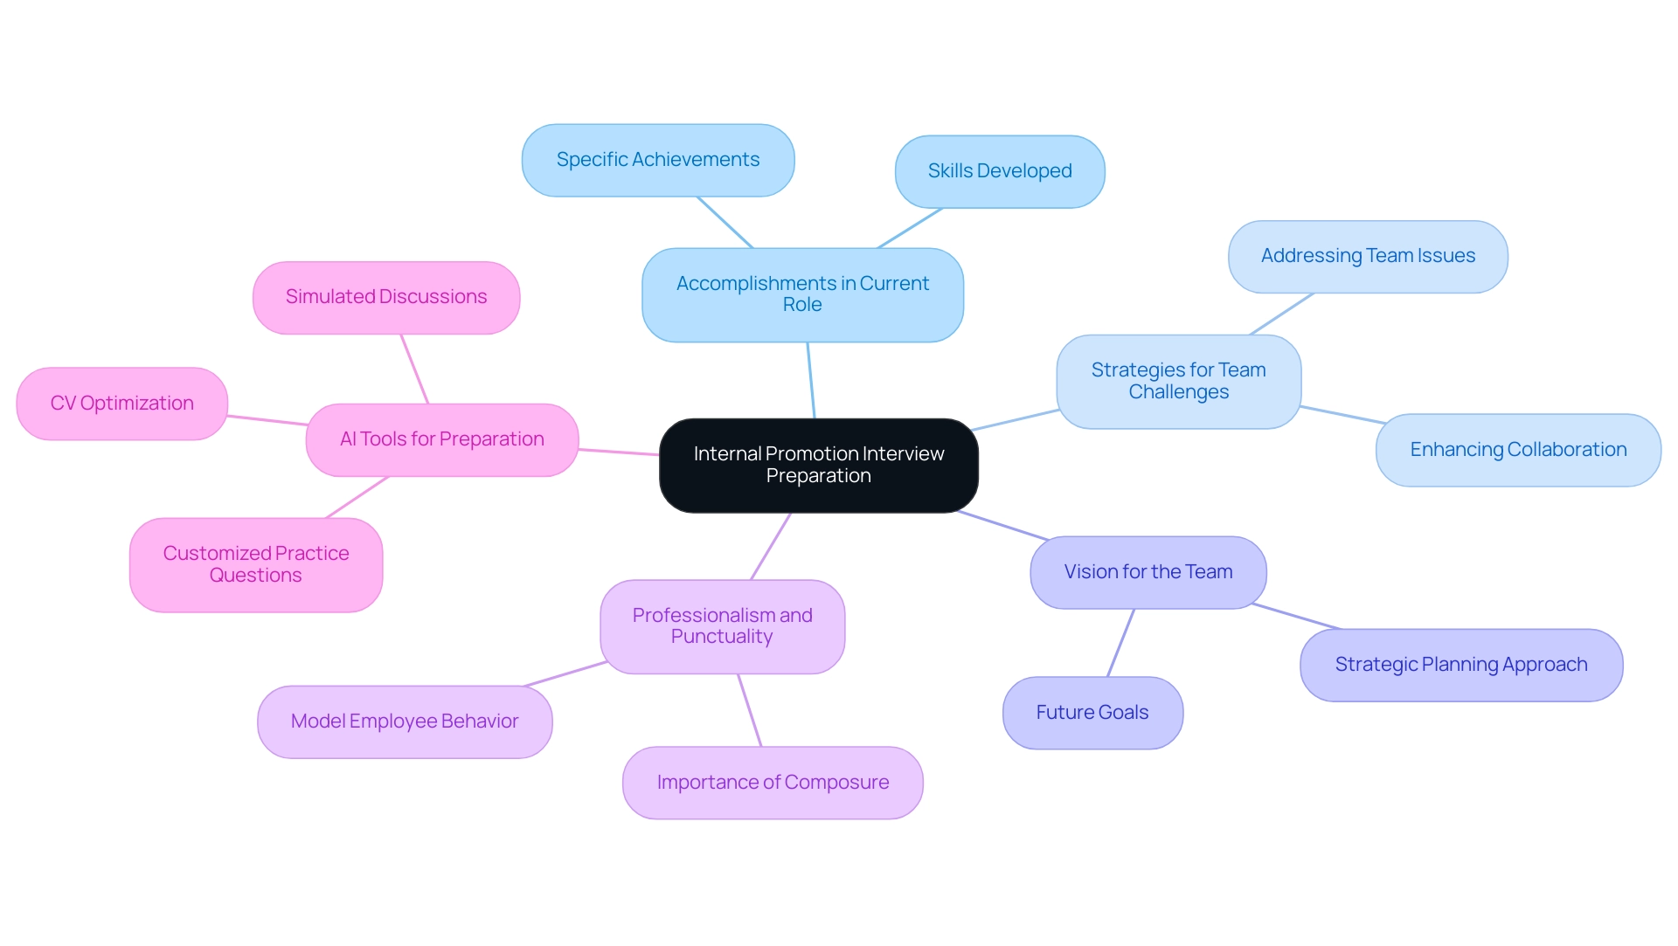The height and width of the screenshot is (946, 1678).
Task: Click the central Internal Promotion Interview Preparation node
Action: pyautogui.click(x=818, y=465)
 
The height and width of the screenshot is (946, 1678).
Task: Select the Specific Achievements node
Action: pyautogui.click(x=657, y=160)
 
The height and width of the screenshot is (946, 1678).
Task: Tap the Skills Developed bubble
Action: pyautogui.click(x=999, y=171)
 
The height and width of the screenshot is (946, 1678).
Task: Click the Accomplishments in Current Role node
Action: pyautogui.click(x=802, y=294)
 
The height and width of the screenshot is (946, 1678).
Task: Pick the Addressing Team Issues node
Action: pyautogui.click(x=1367, y=256)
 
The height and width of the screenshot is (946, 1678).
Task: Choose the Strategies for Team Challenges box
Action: pyautogui.click(x=1178, y=381)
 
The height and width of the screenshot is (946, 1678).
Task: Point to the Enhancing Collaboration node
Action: pyautogui.click(x=1517, y=450)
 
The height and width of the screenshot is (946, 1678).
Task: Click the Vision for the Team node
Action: pyautogui.click(x=1148, y=572)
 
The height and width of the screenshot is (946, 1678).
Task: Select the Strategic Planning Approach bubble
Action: pyautogui.click(x=1460, y=665)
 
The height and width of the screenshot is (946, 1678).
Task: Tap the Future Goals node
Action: pyautogui.click(x=1092, y=713)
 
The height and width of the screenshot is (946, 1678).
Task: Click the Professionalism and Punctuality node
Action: pyautogui.click(x=722, y=626)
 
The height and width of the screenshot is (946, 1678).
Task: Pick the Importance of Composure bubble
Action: pyautogui.click(x=773, y=783)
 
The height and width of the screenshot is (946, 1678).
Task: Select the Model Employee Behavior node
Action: pyautogui.click(x=404, y=722)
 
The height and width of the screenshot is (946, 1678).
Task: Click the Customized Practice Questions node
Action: pyautogui.click(x=255, y=564)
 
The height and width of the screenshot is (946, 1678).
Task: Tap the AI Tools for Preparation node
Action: pyautogui.click(x=441, y=439)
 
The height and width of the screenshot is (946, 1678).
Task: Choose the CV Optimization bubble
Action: pyautogui.click(x=121, y=404)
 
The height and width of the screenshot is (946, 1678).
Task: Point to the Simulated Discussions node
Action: pyautogui.click(x=385, y=297)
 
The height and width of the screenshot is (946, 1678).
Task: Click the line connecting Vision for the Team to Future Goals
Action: pyautogui.click(x=1120, y=643)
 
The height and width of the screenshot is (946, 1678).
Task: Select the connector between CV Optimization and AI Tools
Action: pyautogui.click(x=267, y=420)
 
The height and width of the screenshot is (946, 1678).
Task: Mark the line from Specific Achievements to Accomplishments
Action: pyautogui.click(x=725, y=222)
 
